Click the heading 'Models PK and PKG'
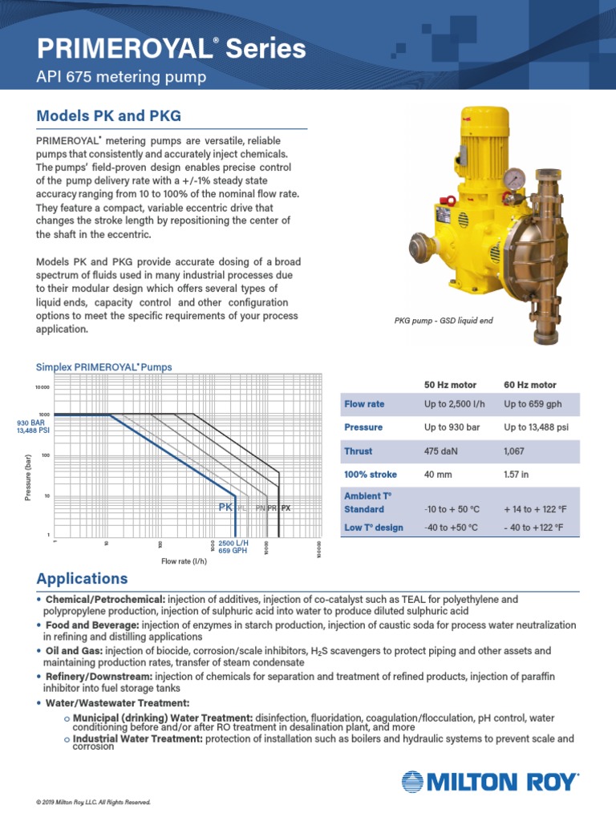pos(108,115)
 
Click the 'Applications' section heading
pos(82,579)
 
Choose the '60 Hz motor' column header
pos(529,385)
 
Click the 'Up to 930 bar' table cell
pos(452,427)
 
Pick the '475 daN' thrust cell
pos(440,451)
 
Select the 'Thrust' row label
pos(358,451)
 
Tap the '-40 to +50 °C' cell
pos(451,527)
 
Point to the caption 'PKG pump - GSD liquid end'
pos(443,321)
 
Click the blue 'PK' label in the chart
pos(225,508)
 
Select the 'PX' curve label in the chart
pos(286,508)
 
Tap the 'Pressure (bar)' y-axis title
pos(28,477)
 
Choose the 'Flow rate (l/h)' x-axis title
pos(184,562)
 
